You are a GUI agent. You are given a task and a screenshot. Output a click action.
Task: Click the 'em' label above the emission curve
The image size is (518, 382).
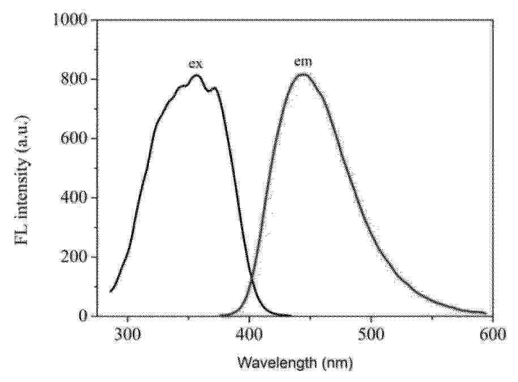(303, 63)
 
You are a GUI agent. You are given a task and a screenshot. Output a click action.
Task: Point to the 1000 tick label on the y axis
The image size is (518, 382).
(69, 20)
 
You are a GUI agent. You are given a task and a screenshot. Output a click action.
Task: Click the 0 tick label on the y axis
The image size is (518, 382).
(83, 316)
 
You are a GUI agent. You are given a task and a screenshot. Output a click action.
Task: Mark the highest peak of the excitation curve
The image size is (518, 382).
(196, 75)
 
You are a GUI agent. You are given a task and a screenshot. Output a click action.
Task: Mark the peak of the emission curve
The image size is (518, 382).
(303, 74)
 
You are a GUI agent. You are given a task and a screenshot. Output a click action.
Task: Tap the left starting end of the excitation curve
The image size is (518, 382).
(110, 292)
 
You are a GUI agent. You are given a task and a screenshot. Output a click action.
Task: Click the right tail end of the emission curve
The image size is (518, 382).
(485, 313)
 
